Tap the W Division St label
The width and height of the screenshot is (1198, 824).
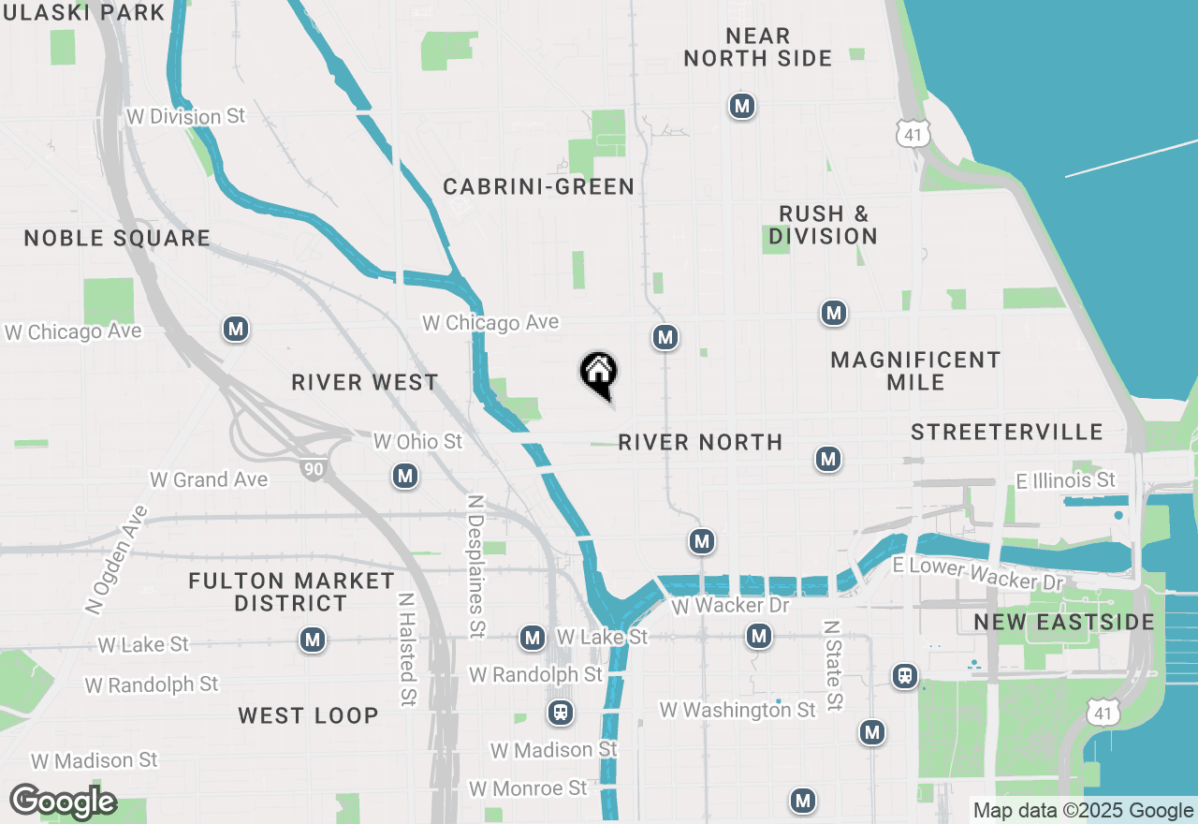pyautogui.click(x=185, y=116)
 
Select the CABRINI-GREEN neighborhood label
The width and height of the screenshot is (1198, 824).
pyautogui.click(x=538, y=187)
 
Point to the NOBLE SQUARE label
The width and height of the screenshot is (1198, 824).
pyautogui.click(x=117, y=238)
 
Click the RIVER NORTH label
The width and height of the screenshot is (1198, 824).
pyautogui.click(x=700, y=442)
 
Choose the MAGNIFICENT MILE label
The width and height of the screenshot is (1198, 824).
pyautogui.click(x=915, y=371)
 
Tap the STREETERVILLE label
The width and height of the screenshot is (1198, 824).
pyautogui.click(x=1007, y=432)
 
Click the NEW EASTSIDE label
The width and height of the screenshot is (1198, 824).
pyautogui.click(x=1064, y=623)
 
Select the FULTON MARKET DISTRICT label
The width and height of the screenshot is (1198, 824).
pyautogui.click(x=291, y=592)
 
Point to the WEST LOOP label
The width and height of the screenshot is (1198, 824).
pyautogui.click(x=308, y=715)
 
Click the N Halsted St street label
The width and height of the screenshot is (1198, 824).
pyautogui.click(x=407, y=650)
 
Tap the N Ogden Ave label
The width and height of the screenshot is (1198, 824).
pyautogui.click(x=116, y=560)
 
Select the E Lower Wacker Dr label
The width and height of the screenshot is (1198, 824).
pyautogui.click(x=978, y=574)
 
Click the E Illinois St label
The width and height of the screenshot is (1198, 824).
pyautogui.click(x=1065, y=480)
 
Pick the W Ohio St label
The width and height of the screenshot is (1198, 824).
pyautogui.click(x=417, y=441)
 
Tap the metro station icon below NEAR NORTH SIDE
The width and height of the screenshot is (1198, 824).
pyautogui.click(x=742, y=107)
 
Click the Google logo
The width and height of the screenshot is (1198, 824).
pyautogui.click(x=63, y=802)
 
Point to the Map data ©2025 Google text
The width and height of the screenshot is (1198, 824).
pyautogui.click(x=1083, y=811)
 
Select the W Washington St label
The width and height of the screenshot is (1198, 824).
pyautogui.click(x=738, y=711)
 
